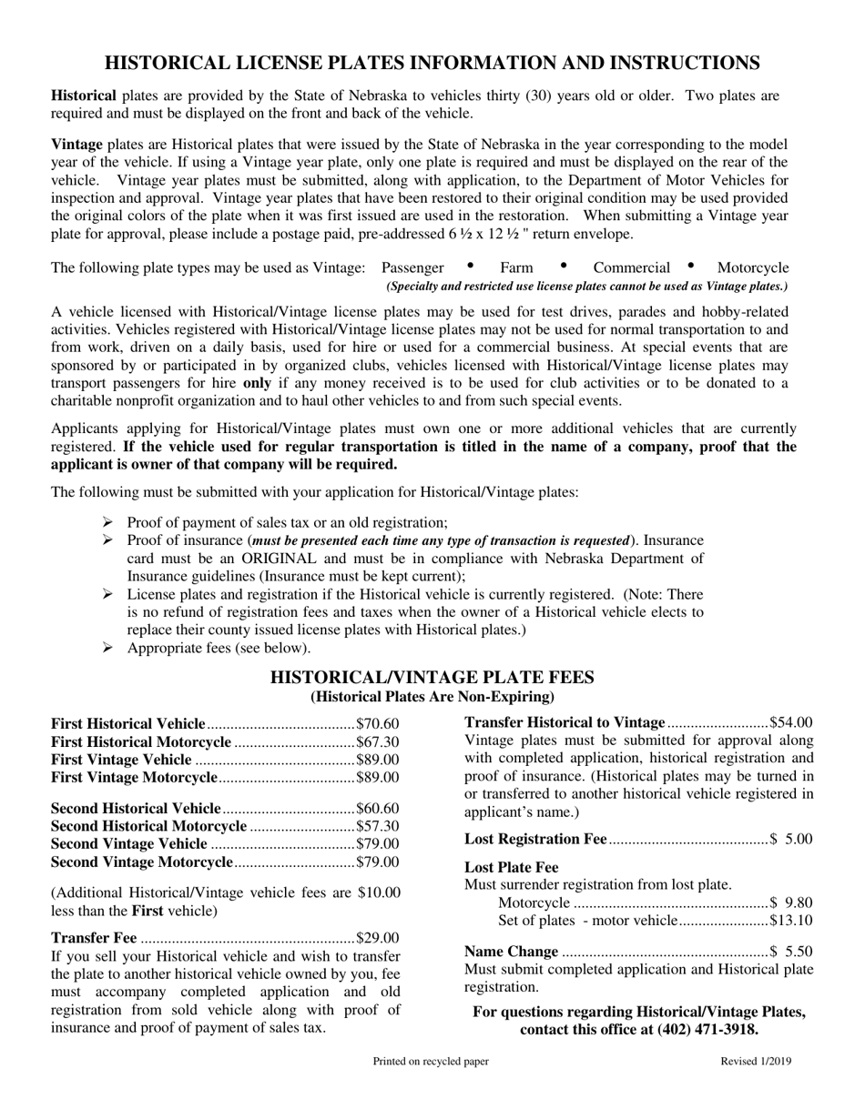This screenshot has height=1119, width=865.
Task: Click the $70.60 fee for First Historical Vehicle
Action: [x=377, y=723]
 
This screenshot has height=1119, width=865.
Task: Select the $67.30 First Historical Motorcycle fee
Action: [x=377, y=741]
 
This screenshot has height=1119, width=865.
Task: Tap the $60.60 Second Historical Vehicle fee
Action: [x=377, y=808]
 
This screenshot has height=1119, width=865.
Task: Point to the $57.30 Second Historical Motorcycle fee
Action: [x=377, y=826]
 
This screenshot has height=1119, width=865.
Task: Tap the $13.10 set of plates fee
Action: [x=790, y=921]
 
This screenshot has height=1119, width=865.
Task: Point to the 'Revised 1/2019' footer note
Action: [x=756, y=1061]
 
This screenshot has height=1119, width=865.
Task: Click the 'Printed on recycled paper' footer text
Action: [x=431, y=1061]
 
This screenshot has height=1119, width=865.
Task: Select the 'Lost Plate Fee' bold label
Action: [x=511, y=867]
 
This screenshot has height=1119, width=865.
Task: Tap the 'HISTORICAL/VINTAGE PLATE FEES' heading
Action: [x=432, y=677]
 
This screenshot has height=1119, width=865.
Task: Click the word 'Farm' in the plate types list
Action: [x=516, y=267]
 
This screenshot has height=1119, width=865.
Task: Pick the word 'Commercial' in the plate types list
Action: [x=631, y=267]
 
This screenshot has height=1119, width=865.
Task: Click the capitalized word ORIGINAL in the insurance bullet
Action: [x=265, y=558]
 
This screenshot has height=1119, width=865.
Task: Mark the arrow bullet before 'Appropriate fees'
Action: [x=107, y=648]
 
